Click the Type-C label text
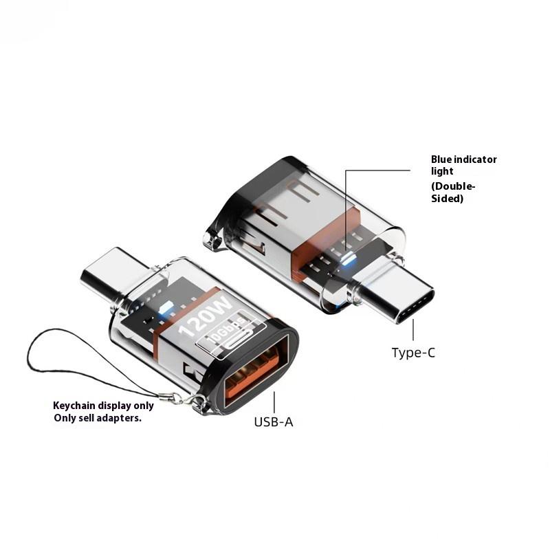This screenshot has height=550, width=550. click(413, 353)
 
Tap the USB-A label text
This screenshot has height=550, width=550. click(274, 421)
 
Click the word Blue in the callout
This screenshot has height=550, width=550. click(441, 159)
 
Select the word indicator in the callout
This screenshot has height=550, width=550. click(475, 159)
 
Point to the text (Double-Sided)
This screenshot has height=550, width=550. click(453, 192)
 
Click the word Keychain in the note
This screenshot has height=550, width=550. click(74, 406)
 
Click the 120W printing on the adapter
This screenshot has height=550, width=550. click(205, 316)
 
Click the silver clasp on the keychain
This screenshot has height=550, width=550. click(179, 399)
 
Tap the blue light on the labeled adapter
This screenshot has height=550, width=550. click(347, 259)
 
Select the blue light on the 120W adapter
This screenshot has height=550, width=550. click(165, 309)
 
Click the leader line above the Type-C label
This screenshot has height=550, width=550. click(413, 330)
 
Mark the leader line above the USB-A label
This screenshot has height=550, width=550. click(274, 402)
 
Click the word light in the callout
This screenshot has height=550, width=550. click(442, 171)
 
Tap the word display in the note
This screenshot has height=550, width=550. click(113, 406)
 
